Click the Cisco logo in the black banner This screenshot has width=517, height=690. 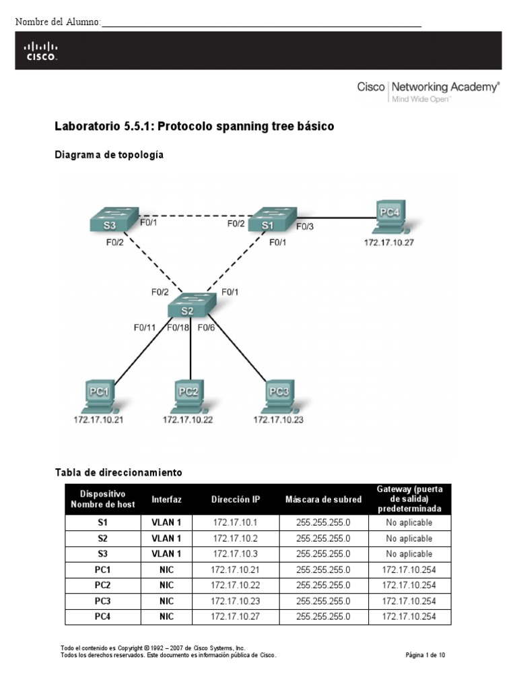[x=41, y=51]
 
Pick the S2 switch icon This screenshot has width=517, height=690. [x=191, y=308]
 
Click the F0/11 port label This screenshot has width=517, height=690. [x=145, y=327]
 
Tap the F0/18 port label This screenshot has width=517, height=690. [x=178, y=327]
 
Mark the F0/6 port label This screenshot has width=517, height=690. [x=206, y=327]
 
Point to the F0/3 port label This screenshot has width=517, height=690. [x=304, y=226]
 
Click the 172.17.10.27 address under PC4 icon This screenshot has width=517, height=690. [x=389, y=241]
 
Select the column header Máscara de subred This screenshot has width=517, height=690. [x=323, y=499]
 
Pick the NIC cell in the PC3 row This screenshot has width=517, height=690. [x=166, y=600]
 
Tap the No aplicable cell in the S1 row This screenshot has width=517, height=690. [x=409, y=522]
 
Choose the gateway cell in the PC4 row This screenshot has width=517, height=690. [x=409, y=616]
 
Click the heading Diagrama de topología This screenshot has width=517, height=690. [x=109, y=155]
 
